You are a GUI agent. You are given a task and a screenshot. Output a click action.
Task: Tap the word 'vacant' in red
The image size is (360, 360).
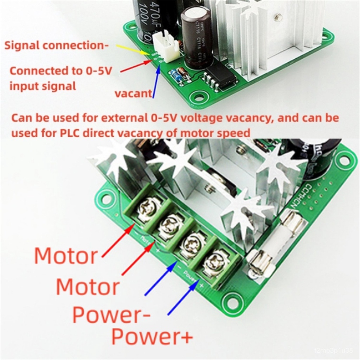(134, 94)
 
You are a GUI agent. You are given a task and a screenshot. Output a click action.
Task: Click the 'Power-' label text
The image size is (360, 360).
(111, 314)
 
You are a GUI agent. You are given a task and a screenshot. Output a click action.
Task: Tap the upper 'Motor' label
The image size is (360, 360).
(66, 256)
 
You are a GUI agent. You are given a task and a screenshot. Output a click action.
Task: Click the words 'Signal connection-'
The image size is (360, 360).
(56, 45)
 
